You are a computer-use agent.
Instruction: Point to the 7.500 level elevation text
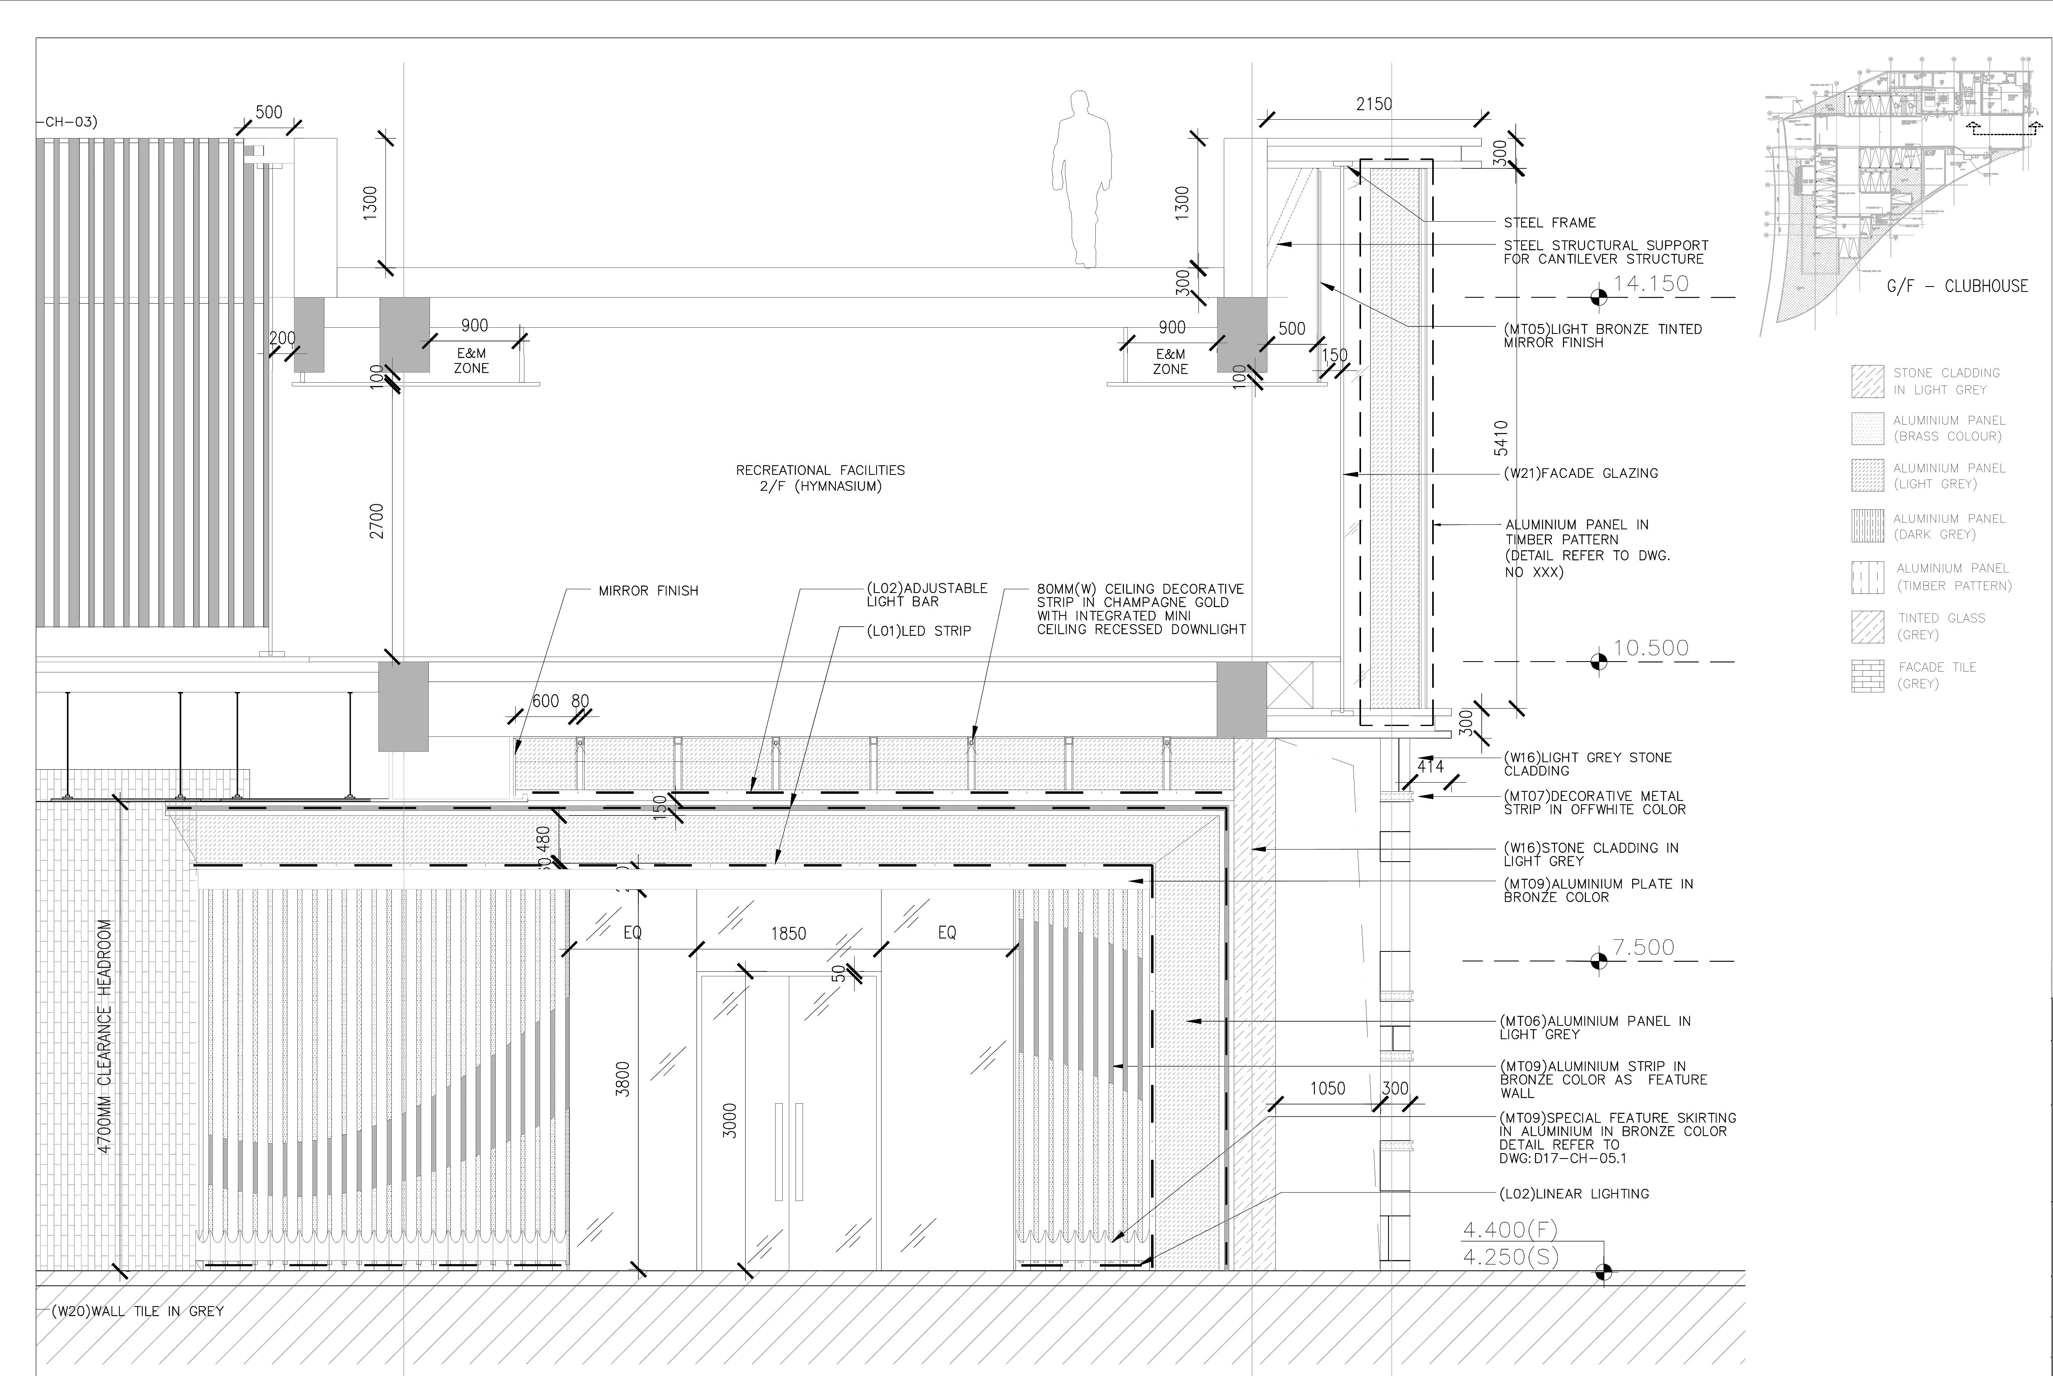[1643, 948]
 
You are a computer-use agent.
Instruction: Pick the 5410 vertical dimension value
[1501, 438]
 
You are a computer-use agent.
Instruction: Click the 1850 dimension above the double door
[788, 934]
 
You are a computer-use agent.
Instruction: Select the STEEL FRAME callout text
[1549, 223]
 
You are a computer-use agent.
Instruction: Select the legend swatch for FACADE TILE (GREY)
[1868, 676]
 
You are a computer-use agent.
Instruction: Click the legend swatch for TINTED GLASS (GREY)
[1868, 627]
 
